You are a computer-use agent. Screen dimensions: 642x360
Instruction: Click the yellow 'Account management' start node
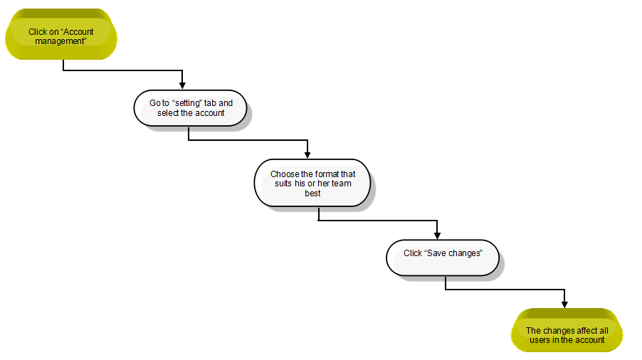pyautogui.click(x=61, y=34)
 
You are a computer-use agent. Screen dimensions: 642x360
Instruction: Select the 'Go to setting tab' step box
pyautogui.click(x=190, y=108)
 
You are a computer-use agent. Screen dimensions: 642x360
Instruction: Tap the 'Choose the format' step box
pyautogui.click(x=312, y=183)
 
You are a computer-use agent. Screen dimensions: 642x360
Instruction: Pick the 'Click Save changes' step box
pyautogui.click(x=443, y=258)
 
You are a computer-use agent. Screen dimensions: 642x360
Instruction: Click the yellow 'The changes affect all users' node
pyautogui.click(x=567, y=330)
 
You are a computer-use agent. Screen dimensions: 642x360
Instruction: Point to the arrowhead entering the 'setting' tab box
pyautogui.click(x=182, y=85)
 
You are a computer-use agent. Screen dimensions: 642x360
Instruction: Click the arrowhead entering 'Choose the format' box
pyautogui.click(x=307, y=154)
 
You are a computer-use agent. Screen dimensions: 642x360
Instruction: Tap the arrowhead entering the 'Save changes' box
pyautogui.click(x=437, y=235)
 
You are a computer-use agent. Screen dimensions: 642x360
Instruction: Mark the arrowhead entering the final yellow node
pyautogui.click(x=564, y=304)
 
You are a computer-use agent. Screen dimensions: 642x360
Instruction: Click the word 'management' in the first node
pyautogui.click(x=60, y=41)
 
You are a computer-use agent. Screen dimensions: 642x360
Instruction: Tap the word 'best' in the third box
pyautogui.click(x=312, y=194)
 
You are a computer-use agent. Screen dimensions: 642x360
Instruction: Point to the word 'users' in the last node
pyautogui.click(x=540, y=340)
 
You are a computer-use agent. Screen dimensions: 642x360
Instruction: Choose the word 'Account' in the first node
pyautogui.click(x=78, y=32)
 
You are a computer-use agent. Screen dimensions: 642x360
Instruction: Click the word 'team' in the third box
pyautogui.click(x=341, y=184)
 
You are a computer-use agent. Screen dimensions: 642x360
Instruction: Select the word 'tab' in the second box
pyautogui.click(x=210, y=103)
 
